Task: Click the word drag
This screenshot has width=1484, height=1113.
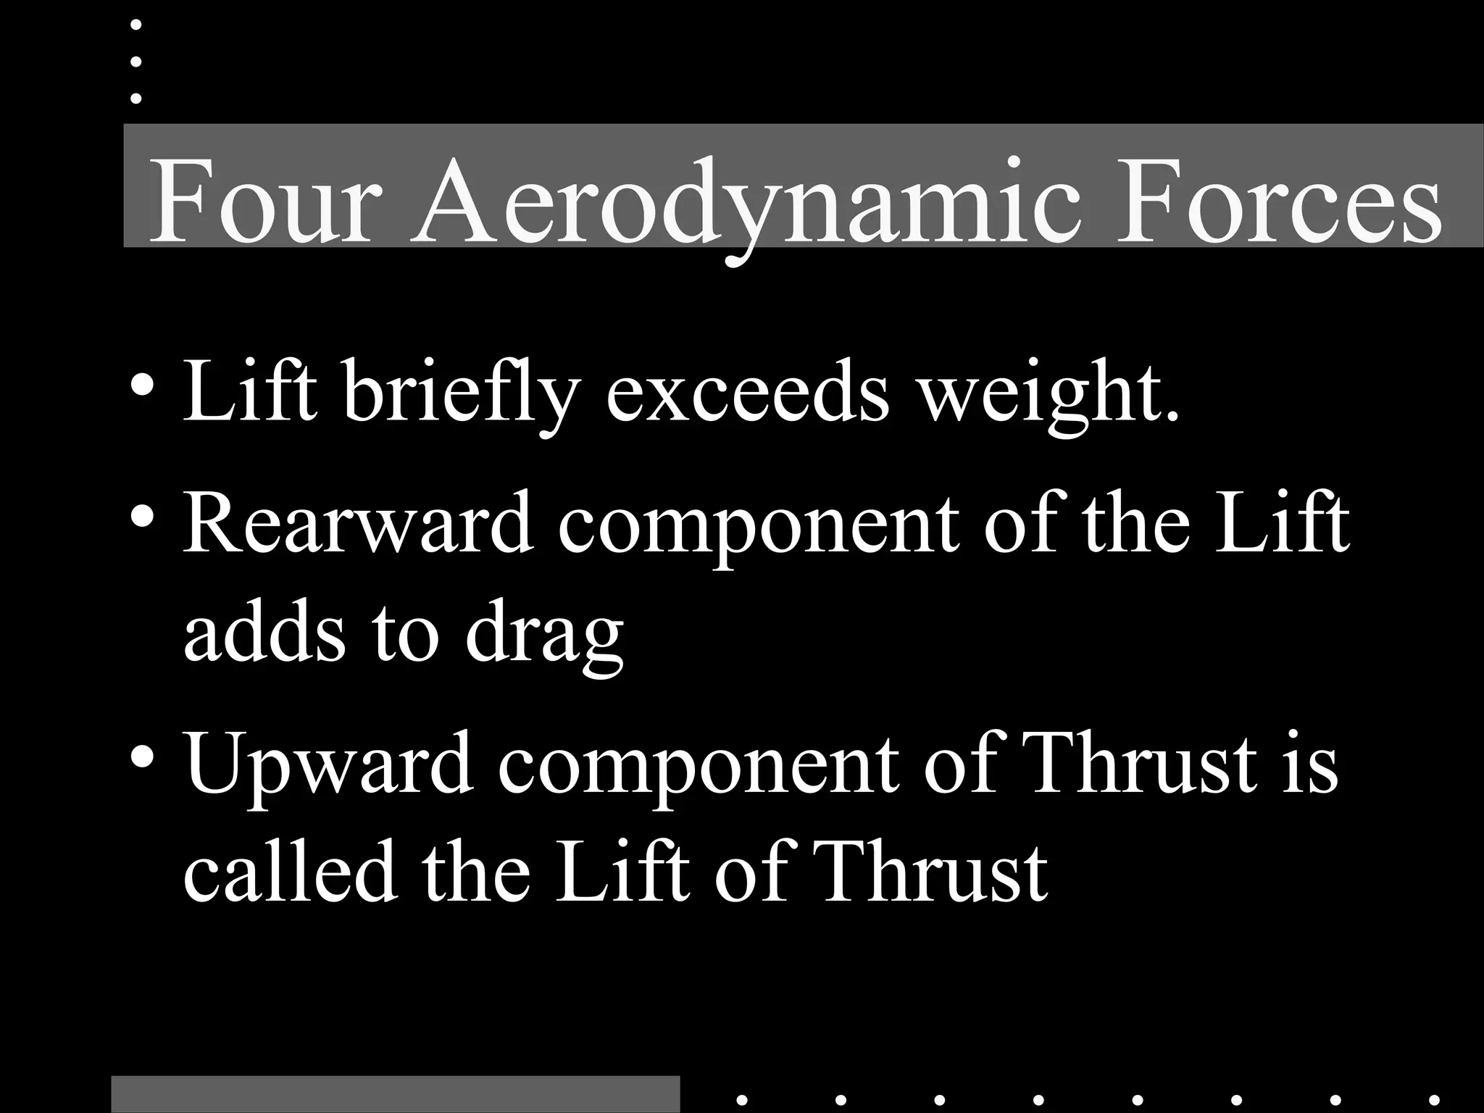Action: (x=544, y=633)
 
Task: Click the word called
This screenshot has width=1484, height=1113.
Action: (x=291, y=870)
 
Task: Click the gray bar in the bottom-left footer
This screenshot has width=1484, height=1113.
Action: (x=396, y=1094)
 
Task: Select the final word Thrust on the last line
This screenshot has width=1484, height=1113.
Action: (x=934, y=870)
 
